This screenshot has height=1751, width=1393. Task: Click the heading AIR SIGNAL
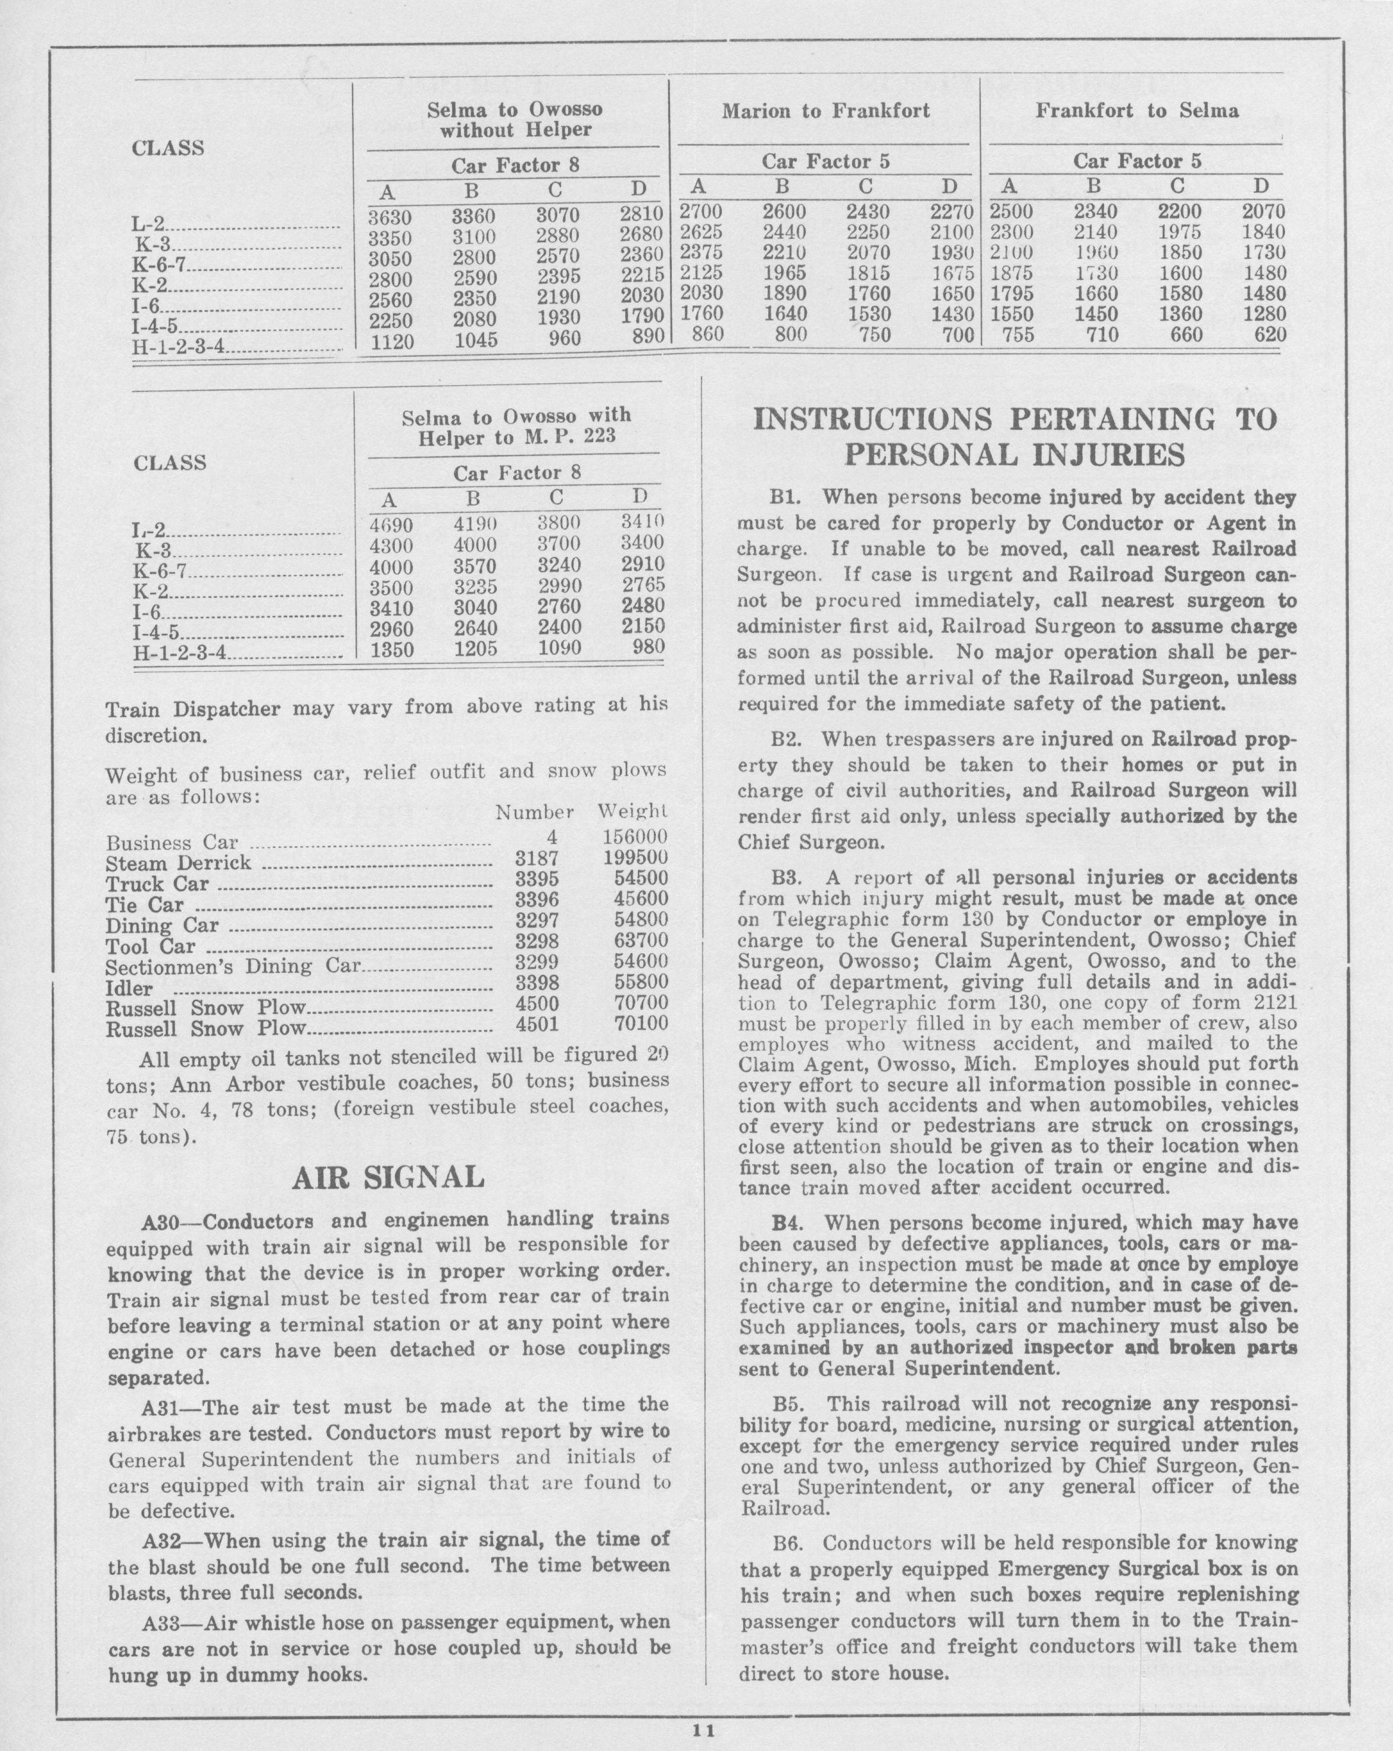click(388, 1177)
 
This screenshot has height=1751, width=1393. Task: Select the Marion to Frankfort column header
click(825, 111)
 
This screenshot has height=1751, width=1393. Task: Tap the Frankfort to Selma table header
click(1137, 111)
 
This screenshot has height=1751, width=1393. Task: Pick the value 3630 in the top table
click(390, 218)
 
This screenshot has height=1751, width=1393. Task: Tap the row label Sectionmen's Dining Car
click(233, 966)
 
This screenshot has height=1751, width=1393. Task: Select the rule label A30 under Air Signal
click(159, 1220)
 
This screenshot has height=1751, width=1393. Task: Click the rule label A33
click(159, 1622)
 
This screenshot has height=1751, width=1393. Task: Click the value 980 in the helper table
click(648, 647)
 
